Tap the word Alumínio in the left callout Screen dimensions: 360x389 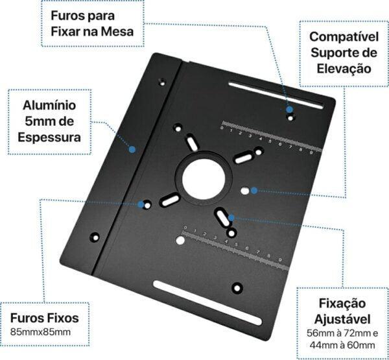(x=49, y=104)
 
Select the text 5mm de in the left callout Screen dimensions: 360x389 (x=49, y=121)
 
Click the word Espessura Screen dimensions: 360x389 (x=49, y=138)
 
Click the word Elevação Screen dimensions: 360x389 (x=343, y=68)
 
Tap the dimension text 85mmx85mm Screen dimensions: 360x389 (x=40, y=333)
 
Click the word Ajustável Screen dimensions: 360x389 (x=343, y=319)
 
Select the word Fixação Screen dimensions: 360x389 (x=343, y=304)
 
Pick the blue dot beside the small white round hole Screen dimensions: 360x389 (x=254, y=191)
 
